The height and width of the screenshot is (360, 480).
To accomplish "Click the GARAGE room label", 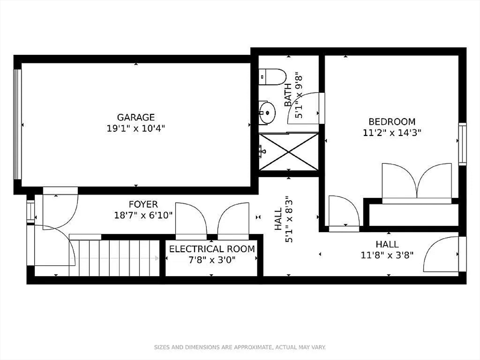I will tap(135, 117).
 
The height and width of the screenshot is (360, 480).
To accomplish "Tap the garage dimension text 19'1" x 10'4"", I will tap(135, 128).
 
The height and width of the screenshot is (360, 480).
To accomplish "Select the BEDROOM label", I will tap(392, 122).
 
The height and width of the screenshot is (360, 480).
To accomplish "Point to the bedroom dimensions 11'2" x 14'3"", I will tap(392, 133).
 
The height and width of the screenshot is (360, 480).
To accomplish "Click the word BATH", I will tap(288, 95).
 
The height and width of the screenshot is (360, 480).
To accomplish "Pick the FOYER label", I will tap(143, 204).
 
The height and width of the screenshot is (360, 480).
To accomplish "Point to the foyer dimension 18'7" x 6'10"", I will tap(143, 215).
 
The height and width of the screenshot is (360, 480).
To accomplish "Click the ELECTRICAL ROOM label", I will tap(212, 249).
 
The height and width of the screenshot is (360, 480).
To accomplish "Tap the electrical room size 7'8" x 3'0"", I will tap(212, 259).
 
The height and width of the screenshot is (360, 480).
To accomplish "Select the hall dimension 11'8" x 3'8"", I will tap(387, 255).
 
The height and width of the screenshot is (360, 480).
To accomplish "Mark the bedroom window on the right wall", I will tap(462, 143).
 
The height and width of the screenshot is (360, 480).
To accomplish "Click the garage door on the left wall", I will tap(18, 124).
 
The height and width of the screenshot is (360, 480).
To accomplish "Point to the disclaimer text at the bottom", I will tap(240, 347).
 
